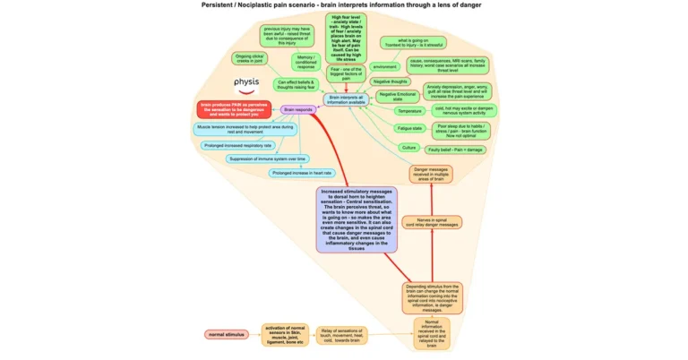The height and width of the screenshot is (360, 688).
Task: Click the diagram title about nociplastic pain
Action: click(x=342, y=5)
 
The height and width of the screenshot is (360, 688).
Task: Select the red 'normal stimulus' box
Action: click(x=226, y=334)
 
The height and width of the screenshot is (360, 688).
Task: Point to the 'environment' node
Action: click(x=385, y=67)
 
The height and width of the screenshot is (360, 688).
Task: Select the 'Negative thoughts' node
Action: click(x=390, y=81)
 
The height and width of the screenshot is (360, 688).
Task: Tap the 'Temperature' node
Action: click(x=408, y=111)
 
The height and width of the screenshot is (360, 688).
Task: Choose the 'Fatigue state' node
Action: click(x=408, y=128)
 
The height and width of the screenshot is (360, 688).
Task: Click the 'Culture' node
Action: click(x=408, y=147)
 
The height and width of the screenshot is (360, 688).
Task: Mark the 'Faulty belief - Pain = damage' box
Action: click(x=462, y=148)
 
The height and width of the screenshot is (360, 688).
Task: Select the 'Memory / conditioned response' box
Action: click(x=306, y=62)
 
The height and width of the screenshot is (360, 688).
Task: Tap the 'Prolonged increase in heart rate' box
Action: click(x=302, y=173)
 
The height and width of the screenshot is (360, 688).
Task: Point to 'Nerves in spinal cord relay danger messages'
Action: click(x=432, y=222)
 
